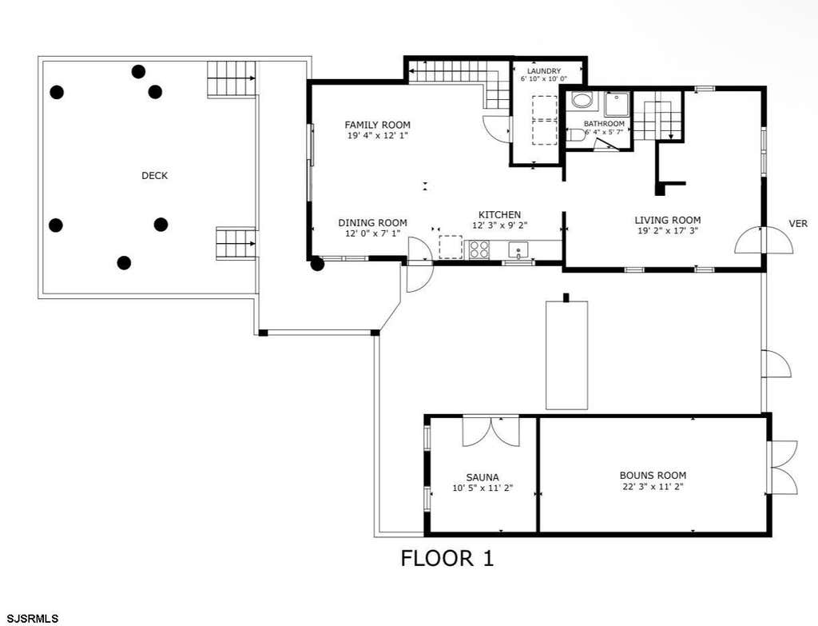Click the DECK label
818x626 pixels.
click(x=154, y=176)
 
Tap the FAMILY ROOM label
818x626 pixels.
click(x=377, y=125)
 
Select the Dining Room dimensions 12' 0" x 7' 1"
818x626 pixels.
click(x=372, y=233)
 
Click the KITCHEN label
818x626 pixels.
click(x=499, y=214)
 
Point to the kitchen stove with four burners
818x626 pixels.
click(x=480, y=249)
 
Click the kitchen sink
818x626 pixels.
click(x=518, y=250)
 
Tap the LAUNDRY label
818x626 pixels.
click(x=543, y=71)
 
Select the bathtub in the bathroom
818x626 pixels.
click(x=582, y=100)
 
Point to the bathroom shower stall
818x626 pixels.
click(x=617, y=105)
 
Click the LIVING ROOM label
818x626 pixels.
click(x=667, y=221)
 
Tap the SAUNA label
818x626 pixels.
click(x=482, y=477)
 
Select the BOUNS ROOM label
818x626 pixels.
click(x=653, y=476)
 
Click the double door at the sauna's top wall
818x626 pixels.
click(x=491, y=430)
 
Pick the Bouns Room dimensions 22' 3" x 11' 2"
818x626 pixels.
click(x=652, y=487)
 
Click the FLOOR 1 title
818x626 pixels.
click(x=447, y=558)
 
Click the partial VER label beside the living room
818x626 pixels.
click(x=798, y=224)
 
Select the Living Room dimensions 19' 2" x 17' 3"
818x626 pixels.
click(x=668, y=231)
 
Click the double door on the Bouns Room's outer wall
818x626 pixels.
click(x=783, y=467)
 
